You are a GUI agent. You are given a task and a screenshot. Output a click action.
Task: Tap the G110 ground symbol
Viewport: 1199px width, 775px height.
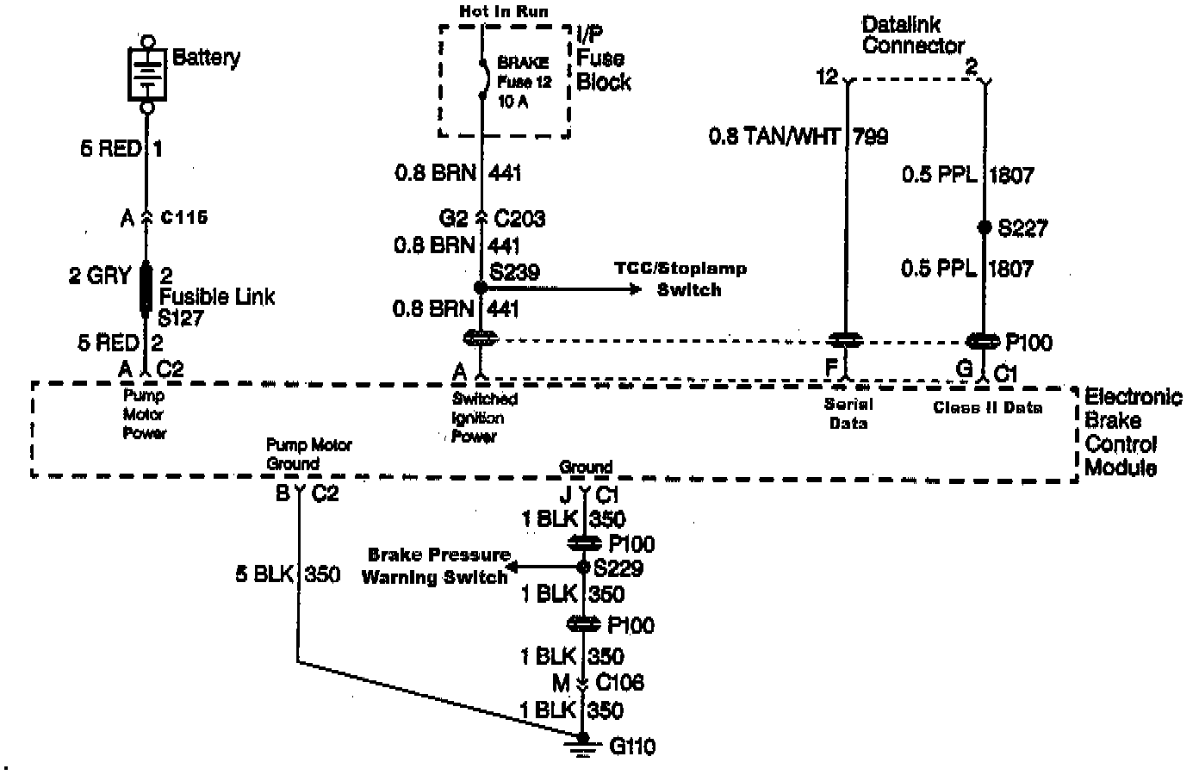pos(584,744)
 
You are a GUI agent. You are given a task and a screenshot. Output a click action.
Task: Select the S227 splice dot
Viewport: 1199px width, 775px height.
pos(985,228)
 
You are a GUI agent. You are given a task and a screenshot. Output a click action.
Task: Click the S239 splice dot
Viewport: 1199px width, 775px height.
pos(481,288)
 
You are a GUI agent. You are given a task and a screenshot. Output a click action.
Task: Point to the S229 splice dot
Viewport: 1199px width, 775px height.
pos(585,567)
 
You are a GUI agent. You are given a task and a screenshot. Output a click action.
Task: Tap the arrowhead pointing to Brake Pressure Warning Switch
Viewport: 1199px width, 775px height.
pos(513,567)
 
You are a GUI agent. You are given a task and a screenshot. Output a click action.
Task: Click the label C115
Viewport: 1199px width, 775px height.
pos(184,218)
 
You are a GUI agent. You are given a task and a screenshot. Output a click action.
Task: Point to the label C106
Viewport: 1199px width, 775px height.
pos(620,683)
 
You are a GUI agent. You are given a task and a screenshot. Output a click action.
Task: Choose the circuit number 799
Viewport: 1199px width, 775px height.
pos(870,136)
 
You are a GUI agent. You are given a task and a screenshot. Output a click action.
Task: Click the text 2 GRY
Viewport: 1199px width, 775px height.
pos(99,276)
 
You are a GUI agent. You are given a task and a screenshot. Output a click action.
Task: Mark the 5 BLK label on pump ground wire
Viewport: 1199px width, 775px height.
pos(264,573)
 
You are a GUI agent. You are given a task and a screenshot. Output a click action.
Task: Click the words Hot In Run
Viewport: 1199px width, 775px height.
pos(504,11)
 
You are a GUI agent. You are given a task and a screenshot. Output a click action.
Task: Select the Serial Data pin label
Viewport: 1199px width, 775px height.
pos(848,413)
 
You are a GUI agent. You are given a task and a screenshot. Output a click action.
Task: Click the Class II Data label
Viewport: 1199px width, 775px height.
pos(988,407)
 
